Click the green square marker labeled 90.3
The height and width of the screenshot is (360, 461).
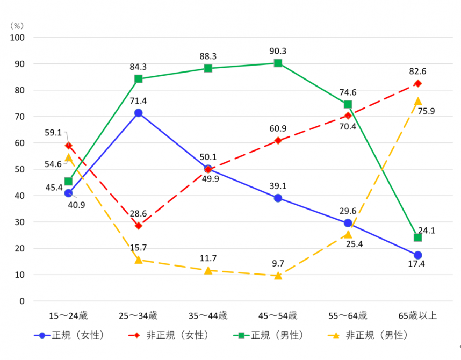[x=278, y=63]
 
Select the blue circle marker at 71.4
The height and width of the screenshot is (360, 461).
[x=138, y=113]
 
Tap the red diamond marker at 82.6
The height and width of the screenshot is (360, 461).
[x=417, y=83]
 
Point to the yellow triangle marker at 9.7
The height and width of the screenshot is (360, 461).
[x=278, y=276]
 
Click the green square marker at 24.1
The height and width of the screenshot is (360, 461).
[x=417, y=237]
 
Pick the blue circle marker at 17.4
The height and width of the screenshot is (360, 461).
[x=417, y=255]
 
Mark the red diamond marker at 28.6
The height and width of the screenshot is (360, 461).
[x=138, y=226]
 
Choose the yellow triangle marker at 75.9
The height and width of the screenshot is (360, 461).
[x=417, y=101]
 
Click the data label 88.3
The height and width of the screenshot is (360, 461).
[x=208, y=56]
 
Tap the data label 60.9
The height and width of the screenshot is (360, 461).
[x=278, y=128]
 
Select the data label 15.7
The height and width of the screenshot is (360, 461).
[x=138, y=248]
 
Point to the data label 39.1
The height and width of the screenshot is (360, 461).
[x=278, y=186]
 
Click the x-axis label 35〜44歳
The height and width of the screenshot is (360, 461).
[x=208, y=315]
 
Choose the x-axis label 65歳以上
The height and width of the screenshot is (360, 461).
[x=417, y=315]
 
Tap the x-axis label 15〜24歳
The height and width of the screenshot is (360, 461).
[x=68, y=315]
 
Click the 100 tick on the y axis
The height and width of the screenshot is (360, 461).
[x=18, y=38]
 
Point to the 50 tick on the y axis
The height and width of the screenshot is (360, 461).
[x=20, y=169]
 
